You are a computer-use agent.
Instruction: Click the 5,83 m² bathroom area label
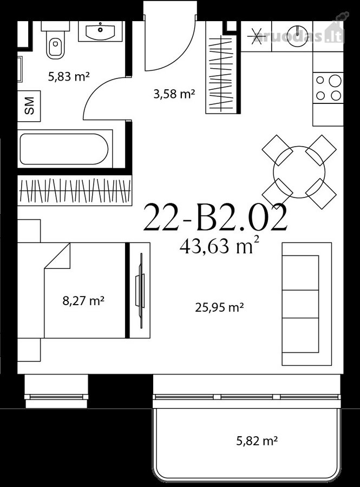[x=69, y=76]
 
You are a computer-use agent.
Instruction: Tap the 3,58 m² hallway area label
[x=174, y=94]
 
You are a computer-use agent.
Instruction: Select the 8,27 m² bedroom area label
[x=83, y=300]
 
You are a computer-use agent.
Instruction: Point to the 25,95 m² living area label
[x=219, y=307]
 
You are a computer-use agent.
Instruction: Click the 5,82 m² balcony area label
[x=257, y=440]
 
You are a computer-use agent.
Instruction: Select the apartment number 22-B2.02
[x=215, y=218]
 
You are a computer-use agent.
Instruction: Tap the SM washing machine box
[x=29, y=106]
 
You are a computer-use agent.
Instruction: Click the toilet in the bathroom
[x=55, y=43]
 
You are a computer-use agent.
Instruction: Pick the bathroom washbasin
[x=100, y=31]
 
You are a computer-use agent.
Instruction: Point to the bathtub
[x=64, y=149]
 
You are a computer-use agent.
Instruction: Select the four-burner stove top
[x=328, y=88]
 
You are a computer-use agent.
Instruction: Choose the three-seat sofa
[x=306, y=304]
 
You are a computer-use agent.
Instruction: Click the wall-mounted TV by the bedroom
[x=140, y=291]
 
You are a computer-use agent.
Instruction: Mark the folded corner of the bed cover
[x=58, y=255]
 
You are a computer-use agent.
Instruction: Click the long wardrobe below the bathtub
[x=75, y=190]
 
